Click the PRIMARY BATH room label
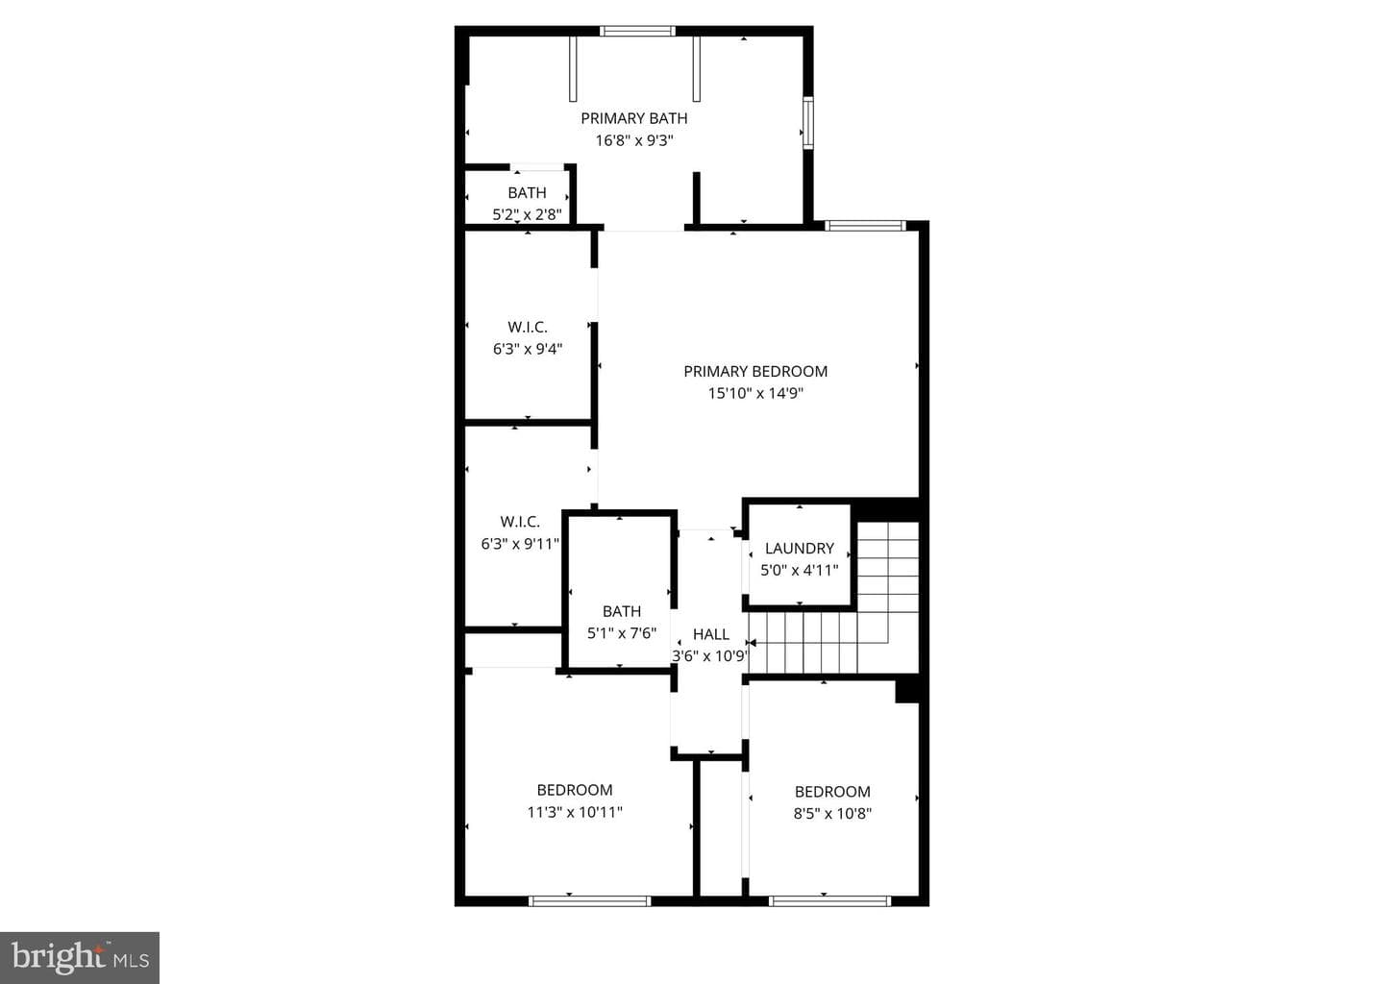click(634, 118)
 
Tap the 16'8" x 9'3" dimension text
click(634, 140)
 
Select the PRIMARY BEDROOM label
click(755, 371)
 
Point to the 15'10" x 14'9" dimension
click(755, 393)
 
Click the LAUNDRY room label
click(800, 548)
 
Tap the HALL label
click(710, 634)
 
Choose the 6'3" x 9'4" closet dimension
click(527, 349)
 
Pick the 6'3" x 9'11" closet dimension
click(520, 544)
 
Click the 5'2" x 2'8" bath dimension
click(527, 214)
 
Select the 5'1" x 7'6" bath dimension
click(621, 633)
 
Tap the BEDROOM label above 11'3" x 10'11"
click(575, 790)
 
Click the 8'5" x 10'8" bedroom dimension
click(832, 814)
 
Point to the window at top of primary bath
click(637, 31)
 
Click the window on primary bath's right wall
click(807, 122)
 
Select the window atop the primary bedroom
click(865, 226)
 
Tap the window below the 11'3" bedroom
click(589, 901)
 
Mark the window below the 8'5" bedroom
click(829, 901)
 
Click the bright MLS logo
click(80, 957)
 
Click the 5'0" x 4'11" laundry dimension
click(799, 570)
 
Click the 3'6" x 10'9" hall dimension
click(710, 656)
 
